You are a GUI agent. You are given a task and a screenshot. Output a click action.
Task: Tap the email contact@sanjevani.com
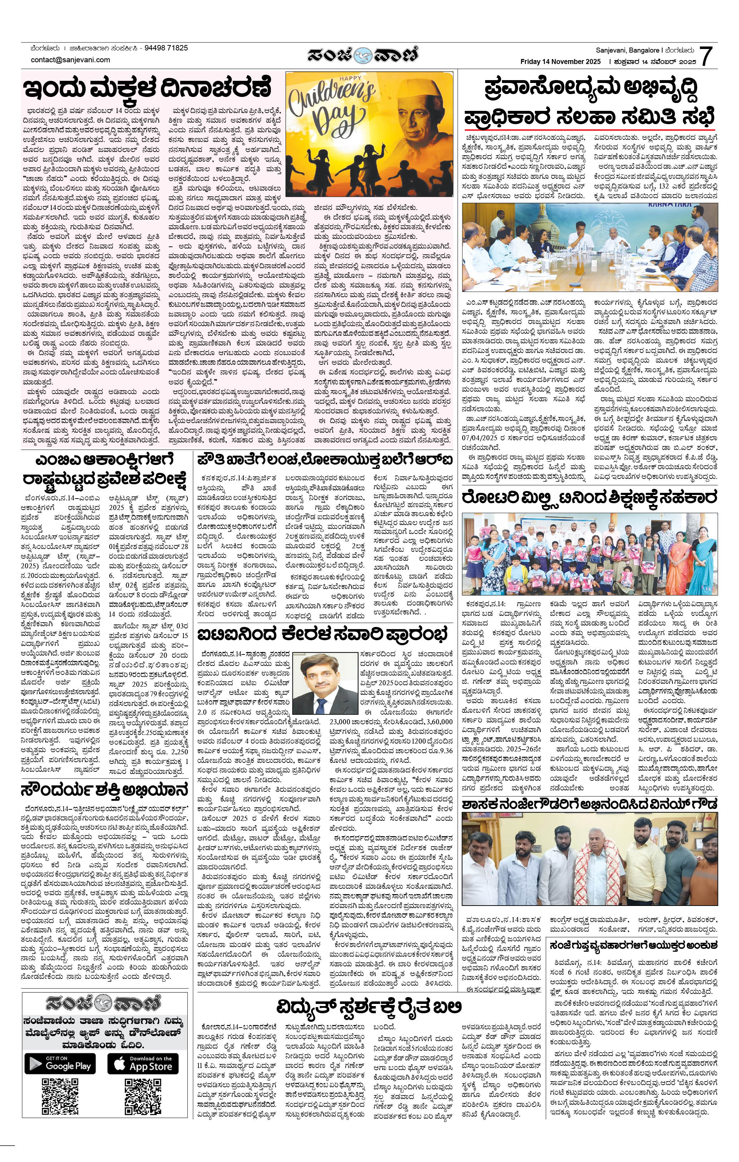click(x=70, y=60)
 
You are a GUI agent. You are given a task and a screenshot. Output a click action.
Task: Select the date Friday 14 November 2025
click(x=560, y=62)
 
